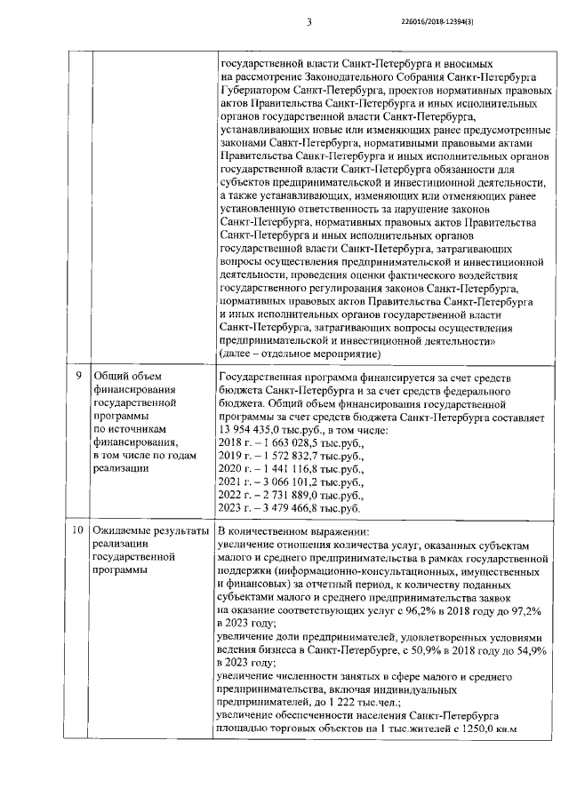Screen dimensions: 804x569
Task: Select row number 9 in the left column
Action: coord(79,376)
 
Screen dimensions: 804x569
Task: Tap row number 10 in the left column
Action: coord(79,530)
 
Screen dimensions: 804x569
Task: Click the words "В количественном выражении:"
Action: coord(285,530)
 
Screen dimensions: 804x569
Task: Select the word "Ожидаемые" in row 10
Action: coord(122,530)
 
